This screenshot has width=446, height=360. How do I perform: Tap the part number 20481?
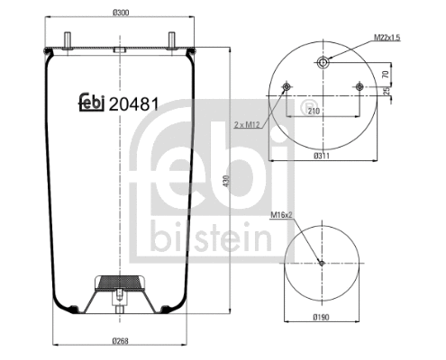(x=134, y=103)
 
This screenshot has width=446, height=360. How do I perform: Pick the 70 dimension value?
(x=385, y=74)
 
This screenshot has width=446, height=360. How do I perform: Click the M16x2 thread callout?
(x=285, y=214)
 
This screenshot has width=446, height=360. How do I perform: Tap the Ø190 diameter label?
(x=322, y=318)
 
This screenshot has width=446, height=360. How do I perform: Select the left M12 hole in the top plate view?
(x=286, y=87)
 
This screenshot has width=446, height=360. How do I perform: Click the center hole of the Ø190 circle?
(x=322, y=264)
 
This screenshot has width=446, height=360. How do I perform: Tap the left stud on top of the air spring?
(x=70, y=36)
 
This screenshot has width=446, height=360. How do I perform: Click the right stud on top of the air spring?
(x=168, y=36)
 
